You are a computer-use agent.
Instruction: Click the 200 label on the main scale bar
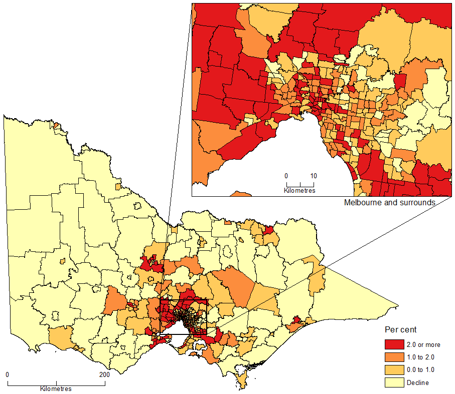click(104, 375)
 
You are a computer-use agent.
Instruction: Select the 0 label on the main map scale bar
click(8, 375)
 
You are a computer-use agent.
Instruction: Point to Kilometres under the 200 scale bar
click(56, 389)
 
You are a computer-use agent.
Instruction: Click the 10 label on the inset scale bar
click(314, 176)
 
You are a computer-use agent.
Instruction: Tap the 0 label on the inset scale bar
click(286, 176)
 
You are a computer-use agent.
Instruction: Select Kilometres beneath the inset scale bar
click(299, 191)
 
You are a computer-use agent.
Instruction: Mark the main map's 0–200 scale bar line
click(56, 384)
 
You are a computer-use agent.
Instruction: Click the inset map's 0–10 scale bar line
click(299, 185)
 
